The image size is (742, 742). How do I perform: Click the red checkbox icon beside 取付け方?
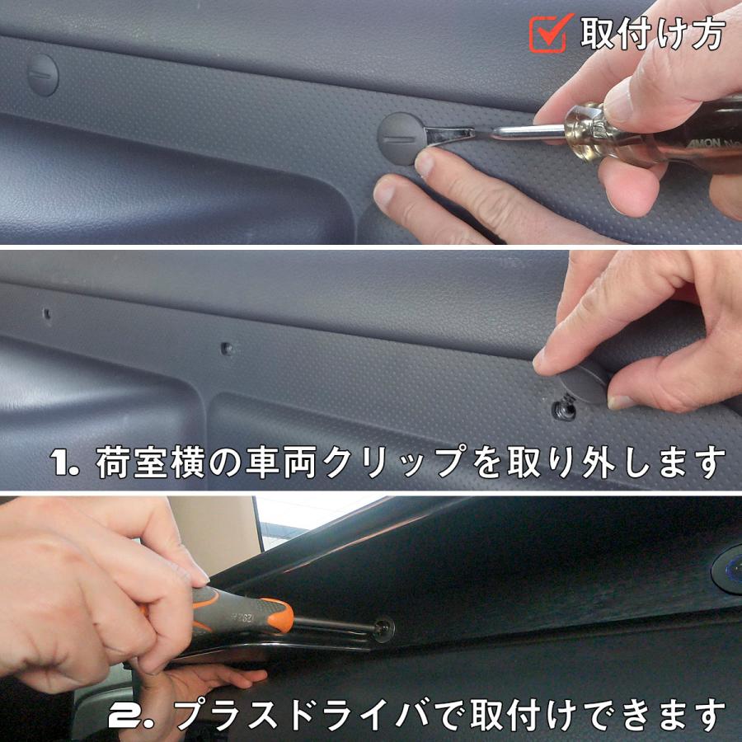pos(549,32)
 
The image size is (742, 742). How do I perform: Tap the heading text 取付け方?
pos(653,33)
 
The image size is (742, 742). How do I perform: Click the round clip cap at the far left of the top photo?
pos(43,75)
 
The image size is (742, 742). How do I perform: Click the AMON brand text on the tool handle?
pos(704,143)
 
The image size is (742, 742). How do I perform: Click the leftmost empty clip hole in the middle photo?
pos(47,313)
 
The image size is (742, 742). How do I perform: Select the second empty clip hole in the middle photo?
pos(228,350)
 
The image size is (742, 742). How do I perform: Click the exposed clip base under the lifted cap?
pos(565,408)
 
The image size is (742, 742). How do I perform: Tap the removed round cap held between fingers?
pos(583,382)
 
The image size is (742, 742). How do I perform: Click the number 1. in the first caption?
pos(63,463)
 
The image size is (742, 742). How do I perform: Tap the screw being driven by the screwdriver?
pos(383,629)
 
